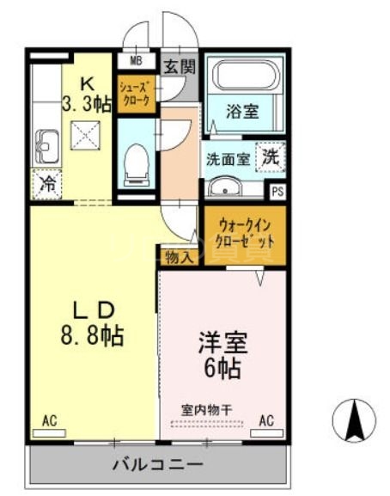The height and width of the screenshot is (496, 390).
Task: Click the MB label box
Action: (136, 60)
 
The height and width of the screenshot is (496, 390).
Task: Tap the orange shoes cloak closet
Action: (136, 94)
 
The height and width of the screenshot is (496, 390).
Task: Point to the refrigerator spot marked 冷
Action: (48, 183)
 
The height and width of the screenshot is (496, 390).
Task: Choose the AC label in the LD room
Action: (49, 420)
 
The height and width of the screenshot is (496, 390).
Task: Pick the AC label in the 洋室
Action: (266, 420)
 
